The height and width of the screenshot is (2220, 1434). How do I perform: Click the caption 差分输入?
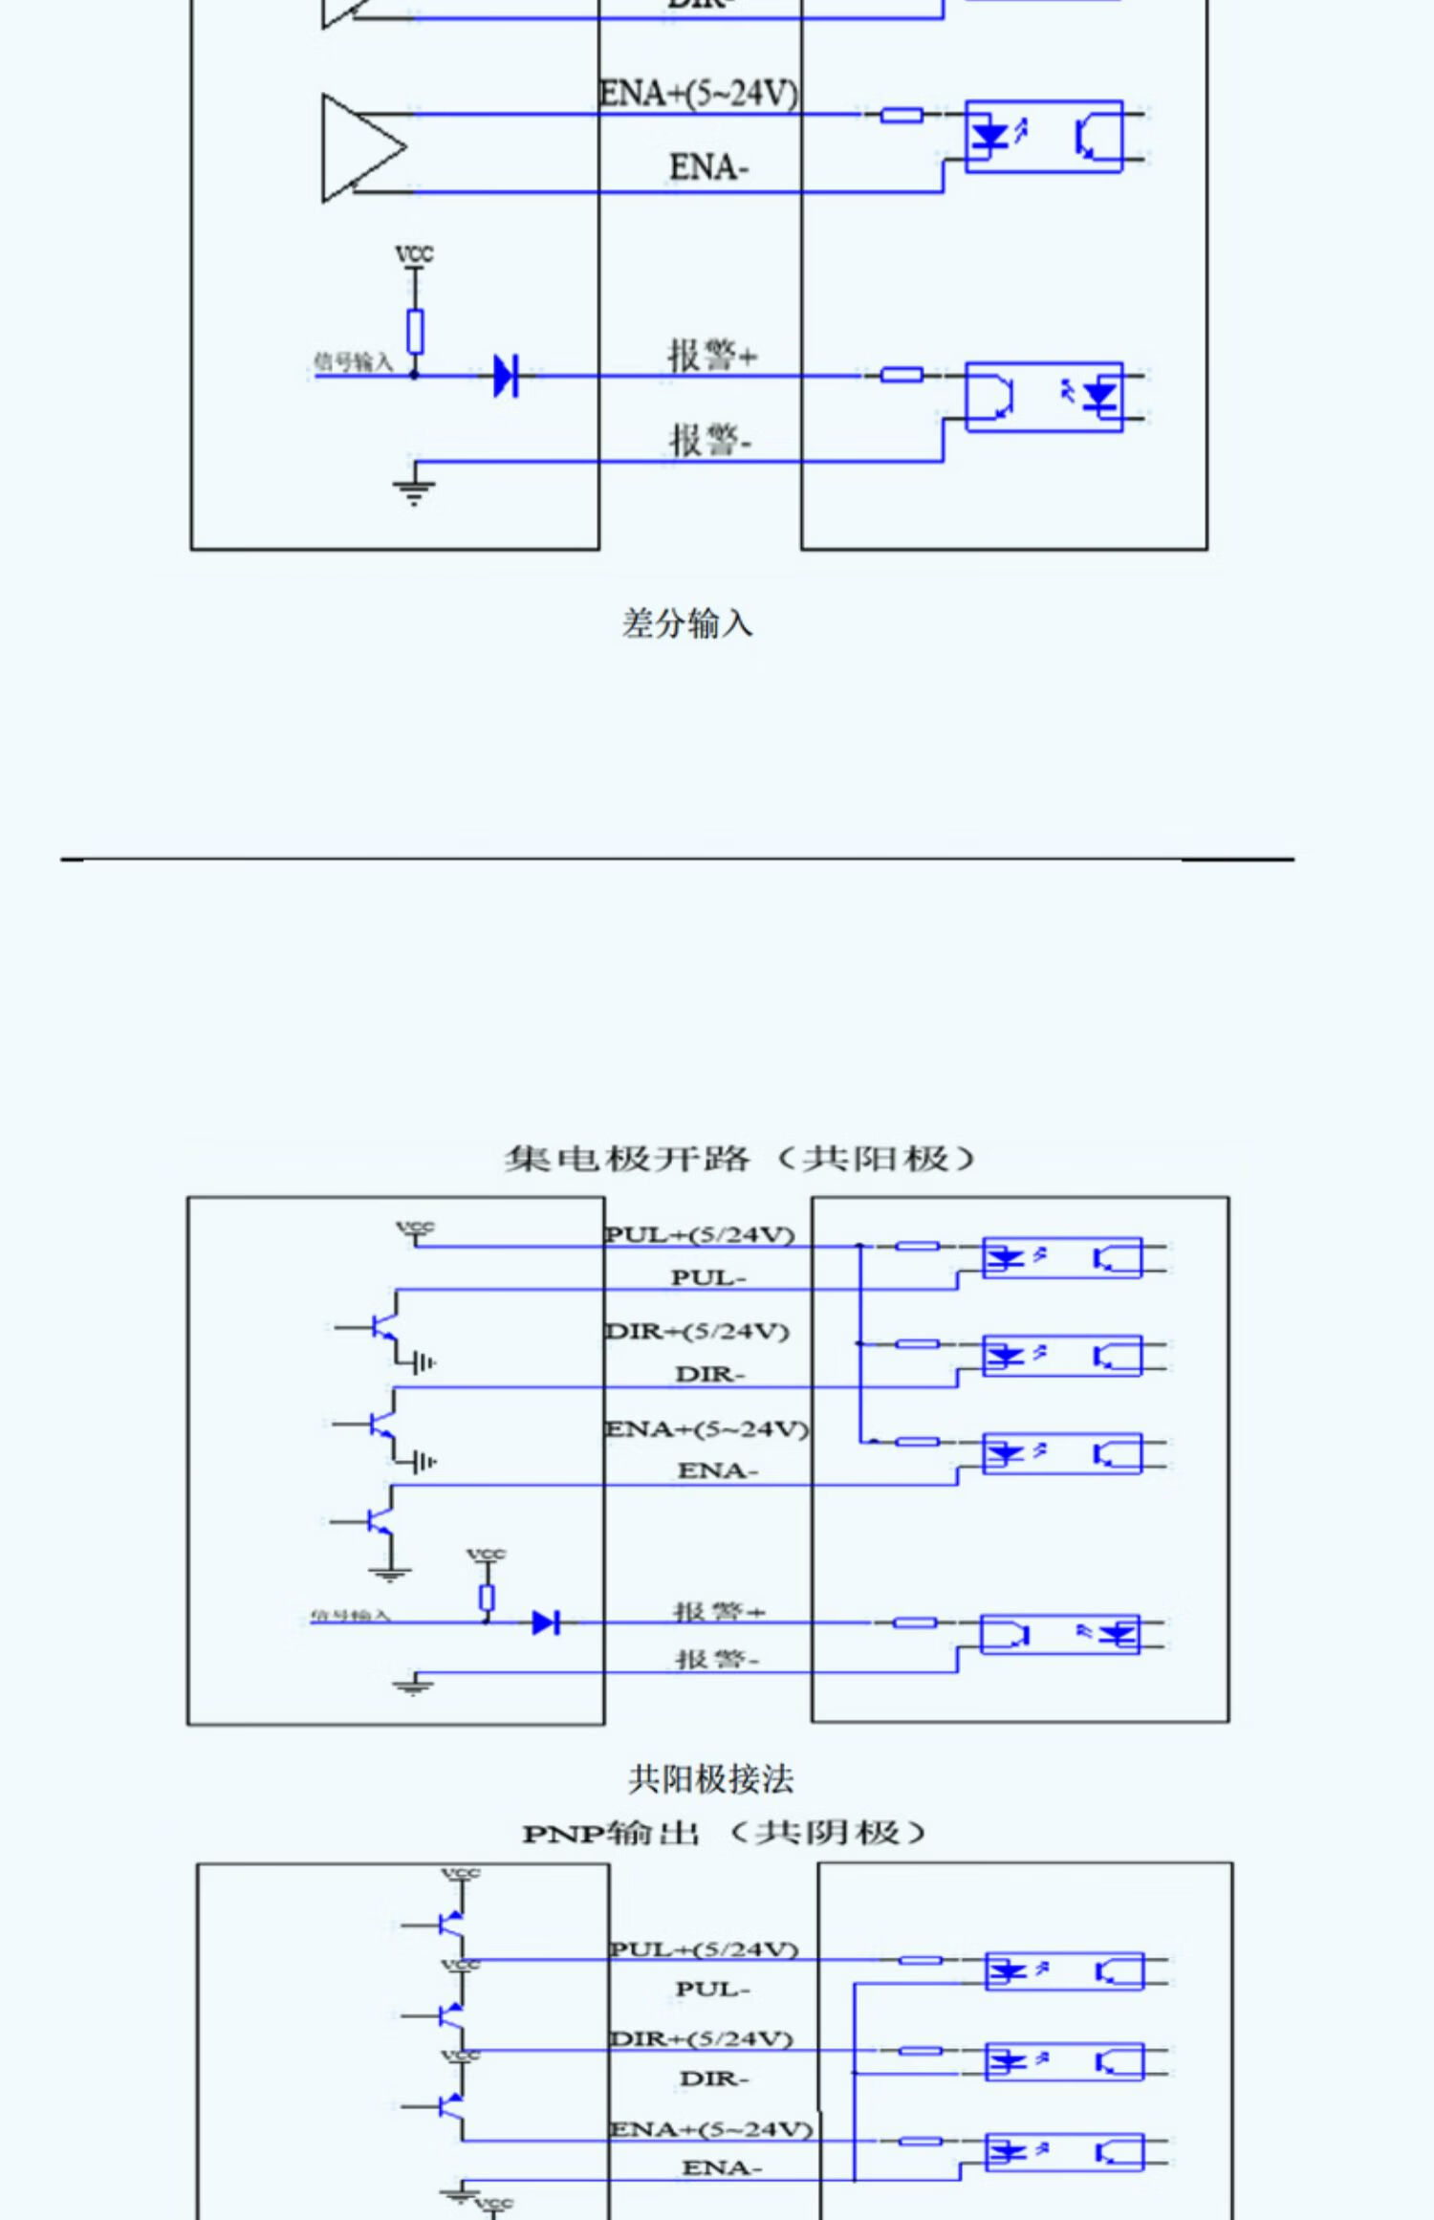[x=687, y=623]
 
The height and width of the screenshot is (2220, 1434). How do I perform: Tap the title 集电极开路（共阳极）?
[x=739, y=1159]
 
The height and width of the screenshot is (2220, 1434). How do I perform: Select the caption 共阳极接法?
[x=710, y=1780]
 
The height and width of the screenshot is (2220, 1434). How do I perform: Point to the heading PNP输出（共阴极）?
[x=724, y=1833]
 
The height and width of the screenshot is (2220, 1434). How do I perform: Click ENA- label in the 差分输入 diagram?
[x=708, y=168]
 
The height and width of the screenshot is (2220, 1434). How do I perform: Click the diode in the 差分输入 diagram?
[x=505, y=375]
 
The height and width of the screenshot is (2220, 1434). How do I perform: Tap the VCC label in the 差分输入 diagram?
[x=414, y=254]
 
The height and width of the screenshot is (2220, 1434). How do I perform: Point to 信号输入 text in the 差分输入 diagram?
[x=354, y=361]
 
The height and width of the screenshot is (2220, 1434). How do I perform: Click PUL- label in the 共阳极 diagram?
[x=708, y=1277]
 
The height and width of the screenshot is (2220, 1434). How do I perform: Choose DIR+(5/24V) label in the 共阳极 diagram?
[x=698, y=1331]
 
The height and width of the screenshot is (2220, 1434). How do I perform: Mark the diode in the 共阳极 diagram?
[x=545, y=1621]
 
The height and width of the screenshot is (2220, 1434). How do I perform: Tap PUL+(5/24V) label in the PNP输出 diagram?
[x=704, y=1948]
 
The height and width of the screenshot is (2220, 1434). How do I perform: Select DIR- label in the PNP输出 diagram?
[x=714, y=2079]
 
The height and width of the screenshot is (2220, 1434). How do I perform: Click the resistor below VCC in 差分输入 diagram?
[x=415, y=331]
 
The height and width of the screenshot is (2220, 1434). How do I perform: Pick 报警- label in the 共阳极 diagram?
[x=717, y=1660]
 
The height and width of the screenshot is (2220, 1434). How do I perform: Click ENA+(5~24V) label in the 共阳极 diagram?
[x=706, y=1428]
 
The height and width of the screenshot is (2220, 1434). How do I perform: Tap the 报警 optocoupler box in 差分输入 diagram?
[x=1043, y=396]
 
